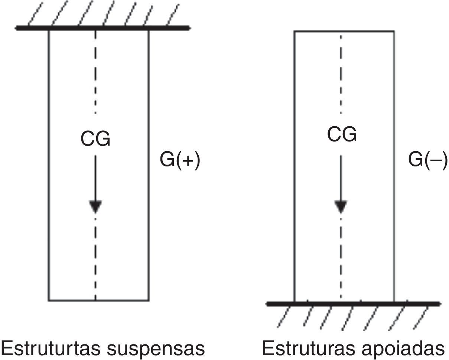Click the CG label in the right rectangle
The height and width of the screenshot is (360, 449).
(x=342, y=134)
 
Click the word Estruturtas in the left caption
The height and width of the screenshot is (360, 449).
(x=51, y=348)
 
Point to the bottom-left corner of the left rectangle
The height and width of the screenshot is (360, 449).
(x=49, y=300)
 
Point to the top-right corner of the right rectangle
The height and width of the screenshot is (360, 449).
(x=394, y=31)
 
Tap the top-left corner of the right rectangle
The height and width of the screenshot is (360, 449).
(x=294, y=31)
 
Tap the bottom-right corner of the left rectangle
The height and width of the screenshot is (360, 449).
(x=149, y=300)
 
